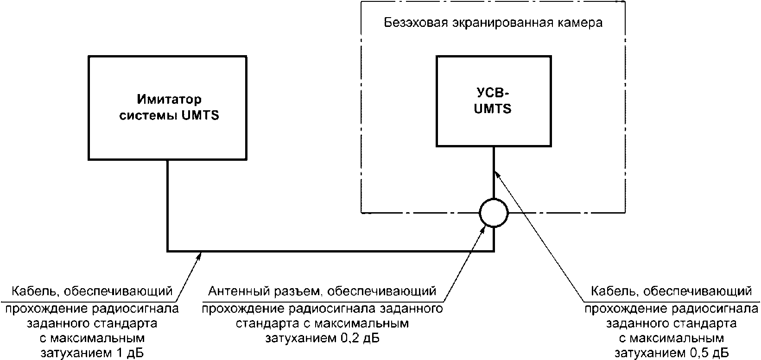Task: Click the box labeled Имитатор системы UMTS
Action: [167, 107]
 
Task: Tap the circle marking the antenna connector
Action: [494, 213]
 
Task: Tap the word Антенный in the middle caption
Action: [235, 291]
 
